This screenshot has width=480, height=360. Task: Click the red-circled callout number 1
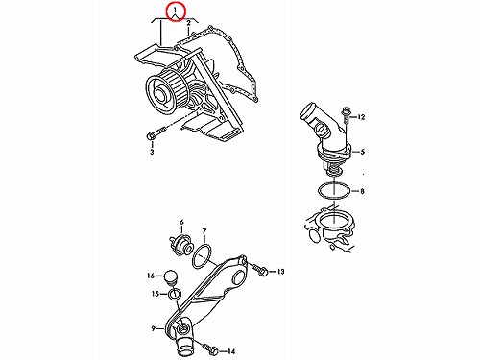click(x=175, y=12)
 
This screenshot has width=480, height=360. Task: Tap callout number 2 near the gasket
click(x=189, y=23)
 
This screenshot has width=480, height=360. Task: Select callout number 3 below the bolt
click(x=152, y=152)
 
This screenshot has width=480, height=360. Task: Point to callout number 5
click(x=362, y=152)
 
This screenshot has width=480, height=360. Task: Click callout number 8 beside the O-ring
click(x=362, y=191)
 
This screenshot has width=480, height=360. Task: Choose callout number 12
click(x=361, y=117)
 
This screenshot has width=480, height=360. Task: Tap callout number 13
click(x=280, y=272)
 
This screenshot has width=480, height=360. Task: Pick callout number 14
click(x=231, y=351)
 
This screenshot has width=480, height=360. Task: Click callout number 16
click(x=151, y=276)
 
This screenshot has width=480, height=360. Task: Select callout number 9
click(x=154, y=328)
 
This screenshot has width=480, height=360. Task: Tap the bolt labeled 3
click(x=156, y=133)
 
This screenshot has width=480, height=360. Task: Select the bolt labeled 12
click(x=346, y=115)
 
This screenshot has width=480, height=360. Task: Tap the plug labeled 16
click(x=170, y=277)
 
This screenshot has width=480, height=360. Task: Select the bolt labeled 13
click(x=259, y=270)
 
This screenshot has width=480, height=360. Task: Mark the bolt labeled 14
click(x=210, y=348)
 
